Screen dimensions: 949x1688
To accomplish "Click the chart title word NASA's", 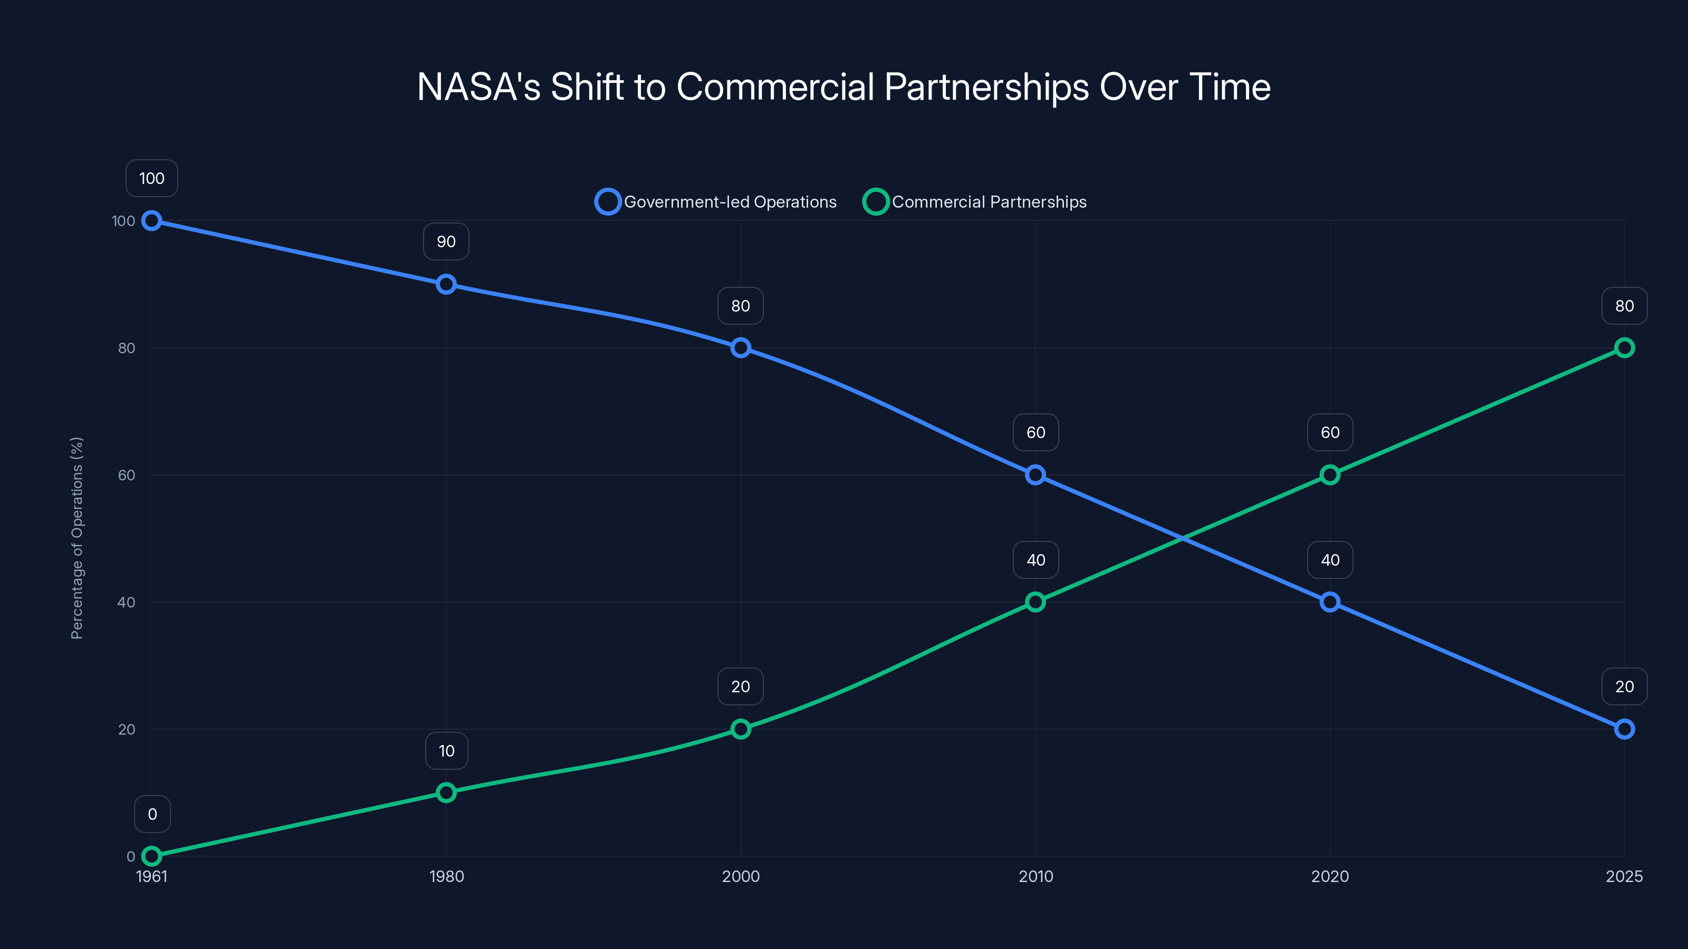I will pos(478,87).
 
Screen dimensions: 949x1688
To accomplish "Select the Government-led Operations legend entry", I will pos(716,202).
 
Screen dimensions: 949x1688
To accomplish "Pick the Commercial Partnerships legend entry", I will pos(975,202).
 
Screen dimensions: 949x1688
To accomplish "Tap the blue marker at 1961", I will pos(152,221).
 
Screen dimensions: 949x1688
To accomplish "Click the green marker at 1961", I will pos(152,856).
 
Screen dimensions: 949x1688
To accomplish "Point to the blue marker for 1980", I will pos(446,284).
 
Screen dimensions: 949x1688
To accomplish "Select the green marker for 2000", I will pos(741,729).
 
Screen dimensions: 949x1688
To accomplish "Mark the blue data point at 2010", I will pos(1035,475).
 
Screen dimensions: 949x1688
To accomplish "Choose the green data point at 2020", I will pos(1329,475).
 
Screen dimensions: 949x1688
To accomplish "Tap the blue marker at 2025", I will pos(1625,729).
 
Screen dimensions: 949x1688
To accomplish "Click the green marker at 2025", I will pos(1625,348).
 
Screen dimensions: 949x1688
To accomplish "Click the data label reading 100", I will pos(152,178).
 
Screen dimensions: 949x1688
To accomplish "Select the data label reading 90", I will pos(446,241).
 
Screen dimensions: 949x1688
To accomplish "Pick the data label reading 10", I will pos(446,751).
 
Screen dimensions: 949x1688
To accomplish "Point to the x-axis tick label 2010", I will pos(1035,876).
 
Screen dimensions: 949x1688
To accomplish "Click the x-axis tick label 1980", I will pos(446,876).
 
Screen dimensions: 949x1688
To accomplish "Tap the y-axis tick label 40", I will pos(126,602).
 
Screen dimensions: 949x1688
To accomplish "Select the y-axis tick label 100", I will pos(123,221).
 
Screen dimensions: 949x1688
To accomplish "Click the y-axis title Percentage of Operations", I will pos(76,537).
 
